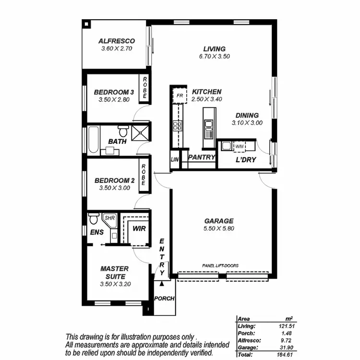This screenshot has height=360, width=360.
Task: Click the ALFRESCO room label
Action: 116,41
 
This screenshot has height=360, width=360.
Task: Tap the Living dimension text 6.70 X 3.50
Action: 215,56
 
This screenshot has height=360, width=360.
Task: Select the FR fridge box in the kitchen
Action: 180,96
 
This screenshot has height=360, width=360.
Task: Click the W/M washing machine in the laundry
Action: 239,145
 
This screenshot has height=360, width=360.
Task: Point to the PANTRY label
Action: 201,157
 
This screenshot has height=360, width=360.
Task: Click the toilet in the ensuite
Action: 94,219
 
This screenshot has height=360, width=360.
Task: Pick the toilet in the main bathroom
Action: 123,131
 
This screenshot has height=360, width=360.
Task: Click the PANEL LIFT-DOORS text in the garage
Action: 221,265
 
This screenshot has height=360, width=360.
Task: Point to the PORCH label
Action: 164,298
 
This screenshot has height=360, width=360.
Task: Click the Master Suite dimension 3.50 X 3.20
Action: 115,284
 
